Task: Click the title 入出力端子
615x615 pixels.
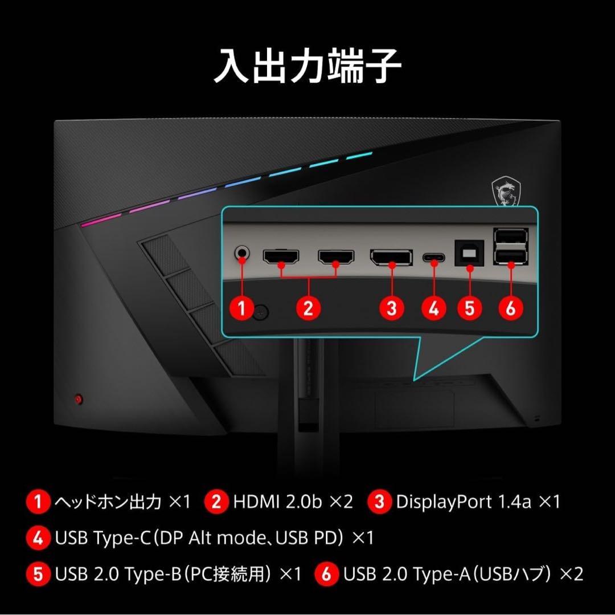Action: (307, 67)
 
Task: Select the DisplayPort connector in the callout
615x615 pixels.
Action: (392, 257)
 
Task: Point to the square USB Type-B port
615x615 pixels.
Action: (469, 253)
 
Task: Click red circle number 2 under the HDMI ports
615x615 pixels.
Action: (308, 308)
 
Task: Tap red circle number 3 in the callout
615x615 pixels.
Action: (392, 308)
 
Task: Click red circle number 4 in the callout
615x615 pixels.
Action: (434, 308)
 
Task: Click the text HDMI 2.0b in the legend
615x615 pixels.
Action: (277, 502)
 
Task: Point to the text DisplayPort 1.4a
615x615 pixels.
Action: (464, 502)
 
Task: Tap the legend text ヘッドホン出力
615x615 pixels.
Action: (108, 502)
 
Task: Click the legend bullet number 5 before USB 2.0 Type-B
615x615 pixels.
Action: (38, 574)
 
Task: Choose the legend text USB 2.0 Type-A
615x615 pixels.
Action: (407, 574)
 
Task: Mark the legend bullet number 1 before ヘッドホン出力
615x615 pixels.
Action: (38, 502)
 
